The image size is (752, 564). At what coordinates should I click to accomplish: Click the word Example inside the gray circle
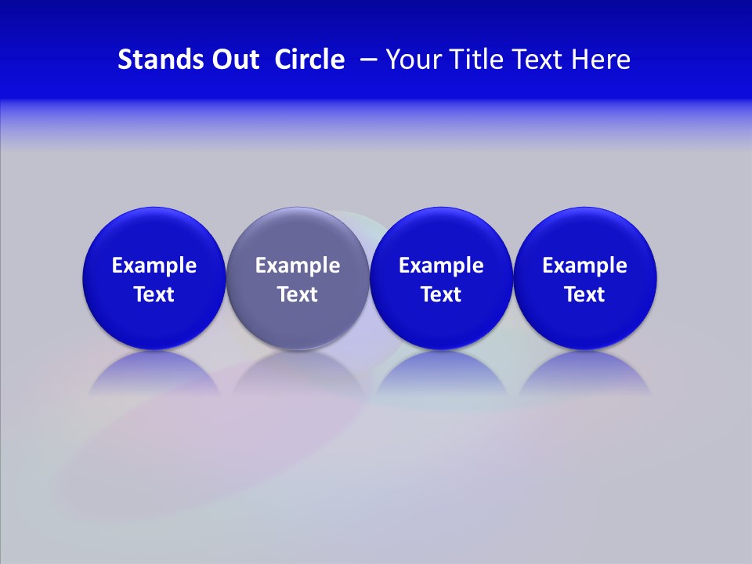point(298,266)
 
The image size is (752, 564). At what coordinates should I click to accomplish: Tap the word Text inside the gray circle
point(298,295)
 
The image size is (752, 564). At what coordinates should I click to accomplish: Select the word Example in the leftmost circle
point(154,266)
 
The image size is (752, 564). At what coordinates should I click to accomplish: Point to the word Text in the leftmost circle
point(154,295)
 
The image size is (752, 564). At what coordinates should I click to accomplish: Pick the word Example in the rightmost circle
point(584,266)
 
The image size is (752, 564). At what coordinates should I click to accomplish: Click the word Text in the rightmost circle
point(584,295)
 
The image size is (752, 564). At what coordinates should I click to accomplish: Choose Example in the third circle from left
point(441,266)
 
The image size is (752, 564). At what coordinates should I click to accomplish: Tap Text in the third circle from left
point(441,295)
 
